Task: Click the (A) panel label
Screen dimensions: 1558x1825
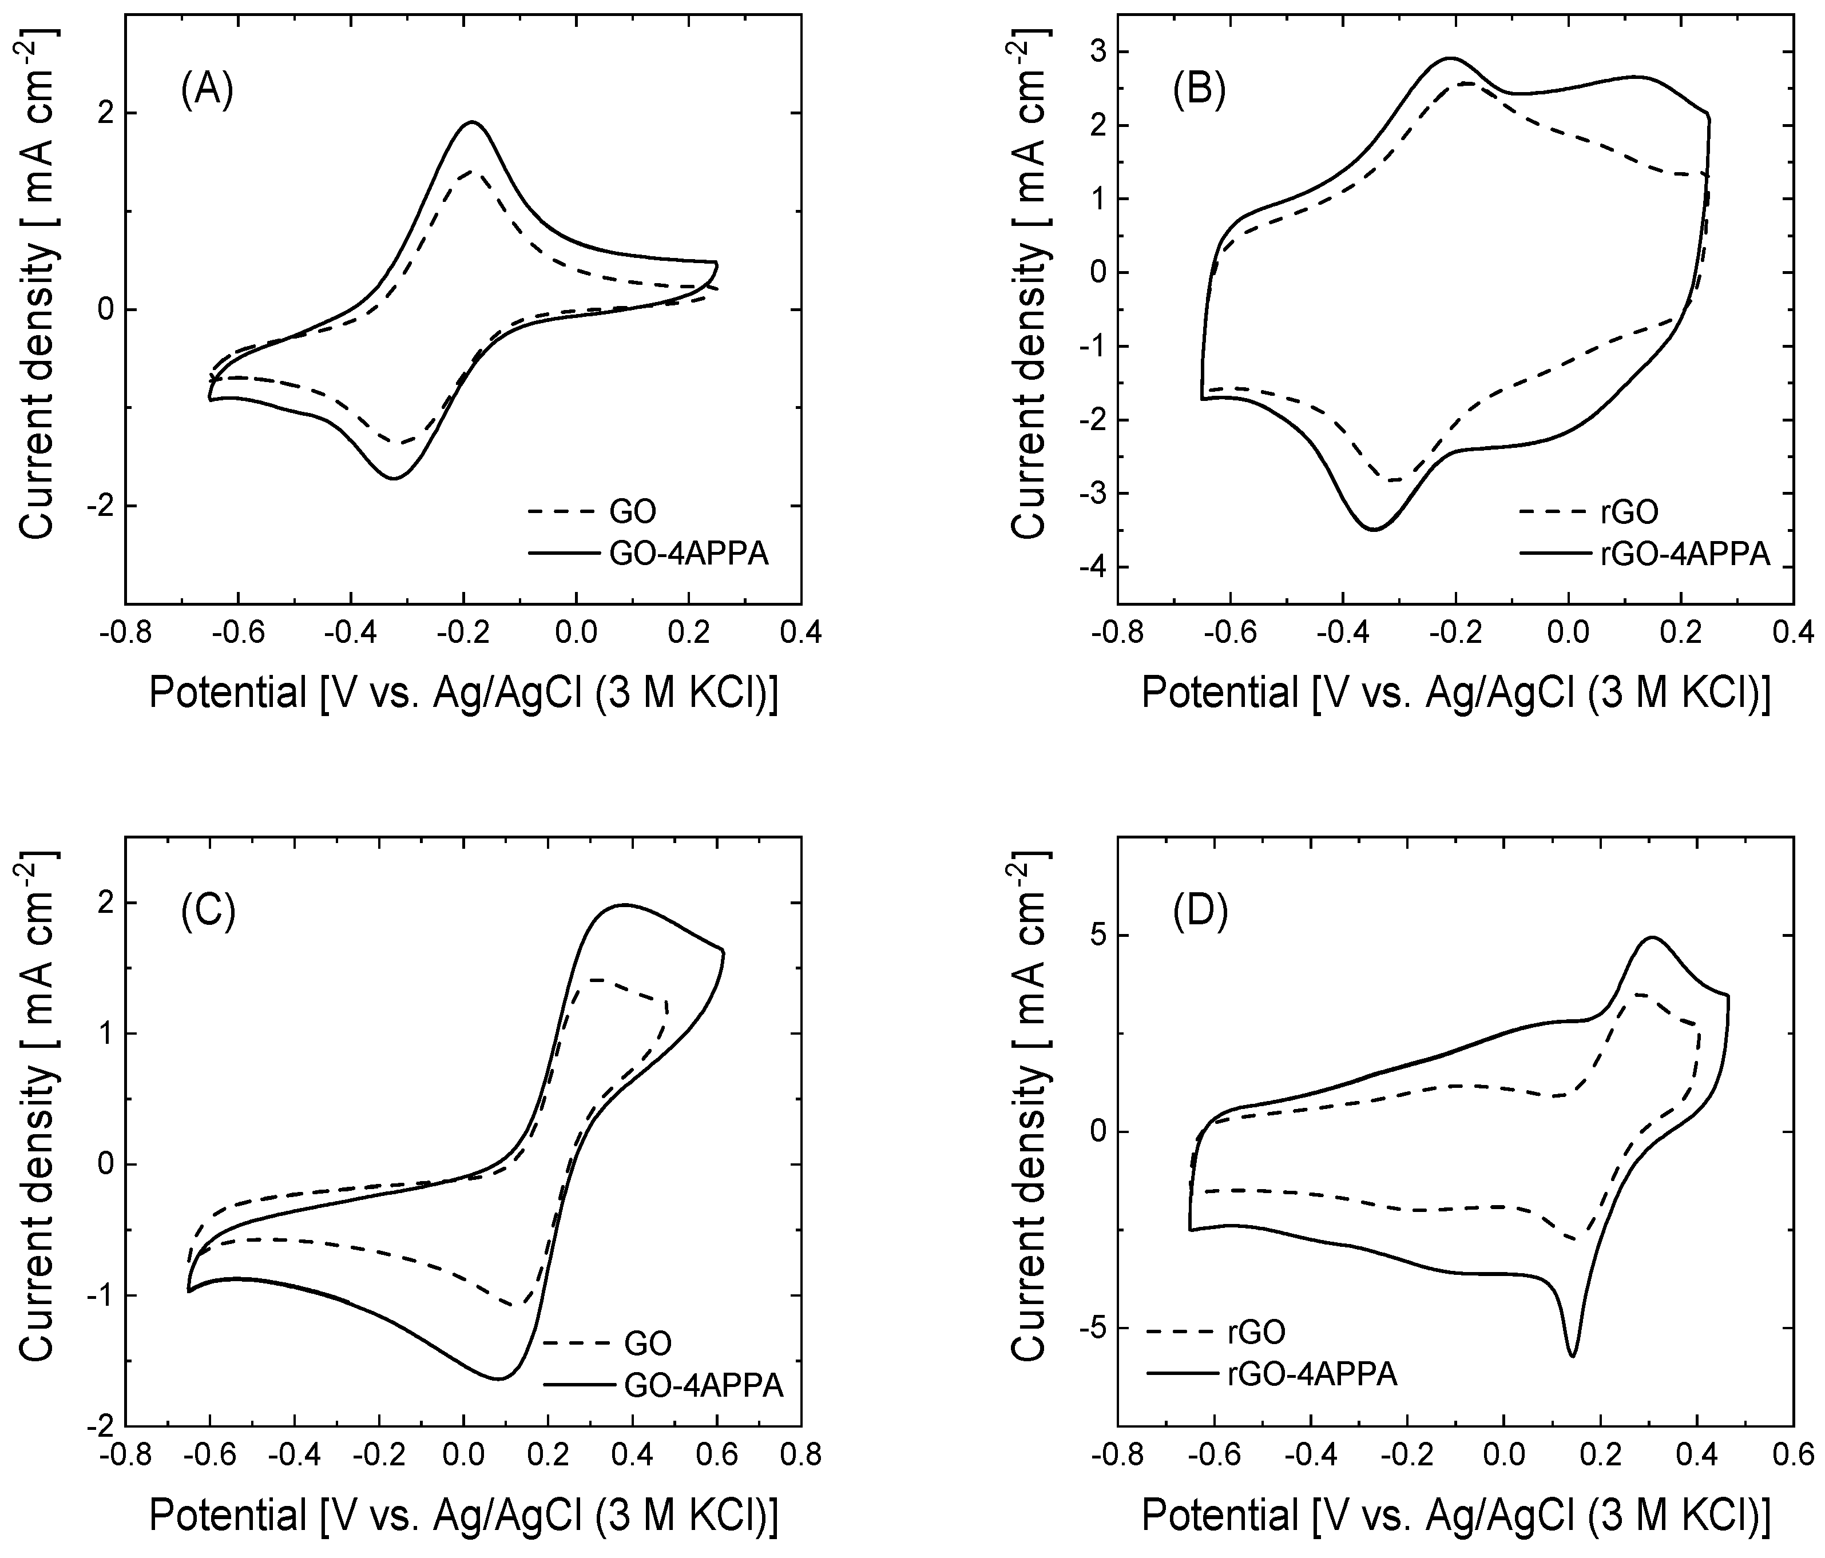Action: (207, 91)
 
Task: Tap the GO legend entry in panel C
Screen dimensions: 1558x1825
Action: (648, 1342)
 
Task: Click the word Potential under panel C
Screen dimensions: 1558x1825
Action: (227, 1515)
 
